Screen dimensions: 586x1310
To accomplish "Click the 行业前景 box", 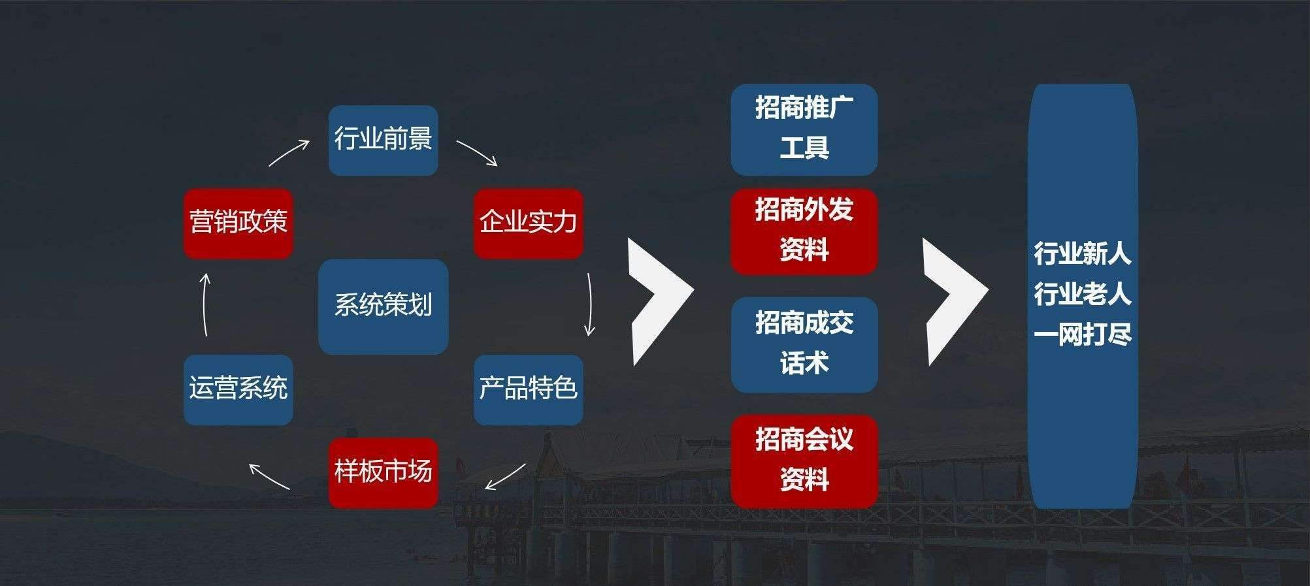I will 383,140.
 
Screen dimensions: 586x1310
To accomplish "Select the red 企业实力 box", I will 528,223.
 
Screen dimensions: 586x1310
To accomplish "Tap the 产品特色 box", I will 528,389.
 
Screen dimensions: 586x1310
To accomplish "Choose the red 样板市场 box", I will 383,472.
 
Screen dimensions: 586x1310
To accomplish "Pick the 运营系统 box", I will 238,389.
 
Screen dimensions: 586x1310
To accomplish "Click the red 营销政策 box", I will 238,223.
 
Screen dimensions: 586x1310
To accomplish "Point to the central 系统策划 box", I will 383,306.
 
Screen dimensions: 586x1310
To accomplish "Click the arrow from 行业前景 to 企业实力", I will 477,153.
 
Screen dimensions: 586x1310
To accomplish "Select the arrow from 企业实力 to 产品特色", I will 589,304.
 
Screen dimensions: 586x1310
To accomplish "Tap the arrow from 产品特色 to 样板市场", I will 505,477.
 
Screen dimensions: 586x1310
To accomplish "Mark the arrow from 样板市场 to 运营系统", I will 269,476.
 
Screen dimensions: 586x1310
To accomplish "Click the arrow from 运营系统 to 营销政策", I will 205,304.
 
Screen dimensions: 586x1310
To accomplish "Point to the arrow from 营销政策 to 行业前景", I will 289,153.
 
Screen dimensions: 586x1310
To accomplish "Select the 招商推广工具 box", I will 804,129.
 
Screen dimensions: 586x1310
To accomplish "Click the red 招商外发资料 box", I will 804,231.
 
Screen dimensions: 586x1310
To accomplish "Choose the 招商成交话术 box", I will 804,344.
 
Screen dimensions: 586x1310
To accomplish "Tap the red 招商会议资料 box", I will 804,461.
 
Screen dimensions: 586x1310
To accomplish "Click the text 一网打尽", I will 1082,334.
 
